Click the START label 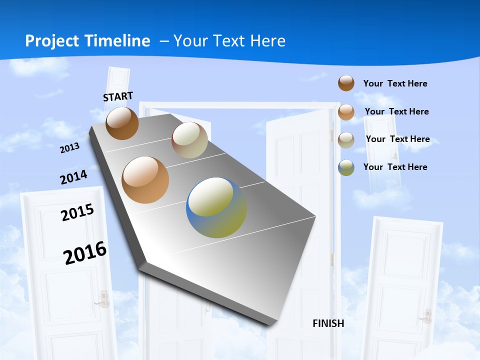tap(118, 96)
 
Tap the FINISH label tap(328, 323)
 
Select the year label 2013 tap(69, 148)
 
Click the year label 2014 tap(73, 177)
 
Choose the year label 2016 tap(85, 252)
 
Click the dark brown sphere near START tap(122, 123)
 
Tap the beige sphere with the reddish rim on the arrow tap(189, 140)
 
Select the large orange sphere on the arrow tap(145, 179)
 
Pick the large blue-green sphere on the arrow tap(216, 207)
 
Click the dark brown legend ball tap(346, 83)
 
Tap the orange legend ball tap(346, 112)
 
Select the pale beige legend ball tap(346, 140)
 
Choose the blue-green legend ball tap(346, 167)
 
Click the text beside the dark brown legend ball tap(395, 83)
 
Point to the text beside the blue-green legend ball tap(395, 167)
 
